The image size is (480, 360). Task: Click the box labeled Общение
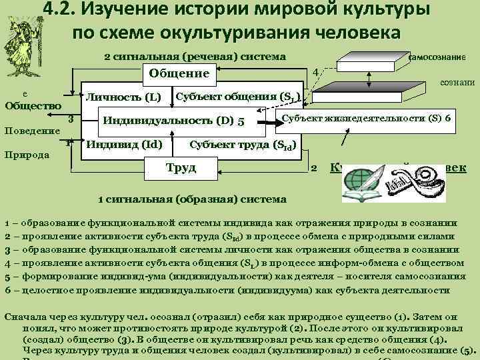pos(179,73)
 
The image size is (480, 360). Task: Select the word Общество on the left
pos(33,105)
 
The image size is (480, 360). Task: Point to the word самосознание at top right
pos(445,58)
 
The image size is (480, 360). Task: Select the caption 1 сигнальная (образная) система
pos(192,199)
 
